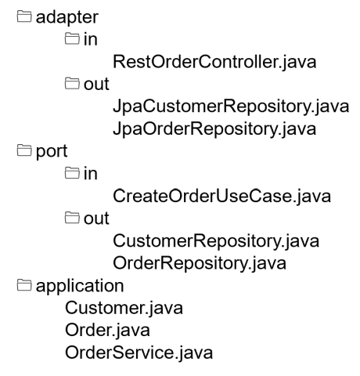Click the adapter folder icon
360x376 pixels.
[24, 16]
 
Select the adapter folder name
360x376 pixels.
[67, 18]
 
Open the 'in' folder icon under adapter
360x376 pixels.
[72, 38]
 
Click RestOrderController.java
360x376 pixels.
[214, 63]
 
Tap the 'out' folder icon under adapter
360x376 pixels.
[72, 83]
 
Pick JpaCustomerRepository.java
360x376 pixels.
[231, 107]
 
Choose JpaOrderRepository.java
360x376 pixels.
[214, 129]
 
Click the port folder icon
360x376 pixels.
[24, 150]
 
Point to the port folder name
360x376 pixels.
[52, 152]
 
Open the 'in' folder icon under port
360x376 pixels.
[72, 173]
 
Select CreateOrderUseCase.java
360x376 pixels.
[221, 197]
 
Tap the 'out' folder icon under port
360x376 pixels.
[72, 218]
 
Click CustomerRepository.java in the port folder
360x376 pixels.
[216, 241]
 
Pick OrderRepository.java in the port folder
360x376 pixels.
[200, 264]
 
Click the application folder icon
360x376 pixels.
[24, 284]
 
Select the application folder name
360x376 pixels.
[80, 286]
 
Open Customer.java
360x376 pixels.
[124, 309]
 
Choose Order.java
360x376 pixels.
[107, 331]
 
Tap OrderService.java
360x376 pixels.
[139, 353]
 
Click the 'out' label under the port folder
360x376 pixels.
[96, 219]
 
